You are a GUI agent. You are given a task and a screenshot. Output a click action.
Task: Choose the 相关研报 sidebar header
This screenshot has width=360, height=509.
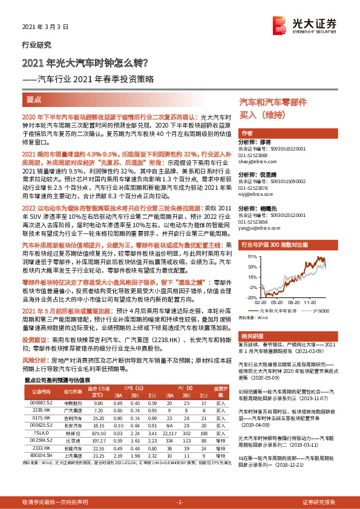[x=252, y=335]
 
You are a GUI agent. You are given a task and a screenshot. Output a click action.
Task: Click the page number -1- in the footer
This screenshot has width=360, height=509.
[x=180, y=502]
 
